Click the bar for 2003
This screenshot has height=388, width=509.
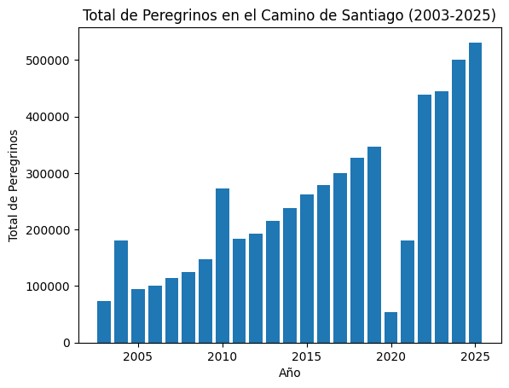104,321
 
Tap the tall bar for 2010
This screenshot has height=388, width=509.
223,265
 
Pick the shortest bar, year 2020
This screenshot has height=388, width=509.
391,327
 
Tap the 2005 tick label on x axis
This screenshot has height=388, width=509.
138,356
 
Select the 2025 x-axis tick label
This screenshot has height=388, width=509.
475,356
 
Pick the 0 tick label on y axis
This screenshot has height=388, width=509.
67,343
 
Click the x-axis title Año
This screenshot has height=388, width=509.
290,373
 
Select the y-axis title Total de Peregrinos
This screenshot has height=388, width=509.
14,185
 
